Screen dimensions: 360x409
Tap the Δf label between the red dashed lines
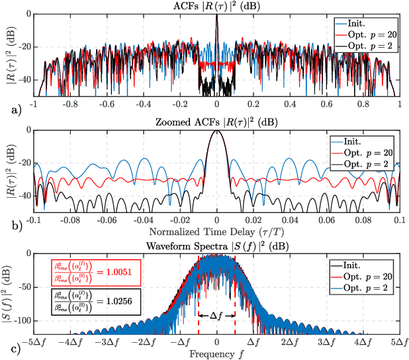[216, 317]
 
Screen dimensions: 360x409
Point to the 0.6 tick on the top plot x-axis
[326, 105]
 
